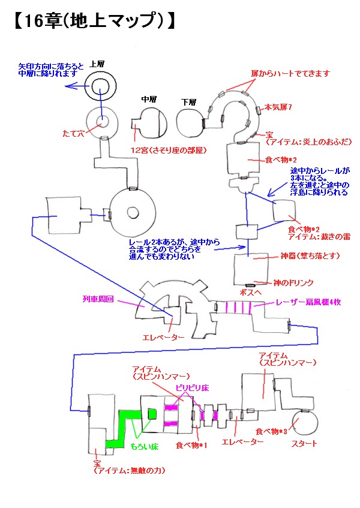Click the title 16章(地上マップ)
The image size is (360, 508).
pos(93,21)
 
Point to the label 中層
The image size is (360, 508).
pos(149,98)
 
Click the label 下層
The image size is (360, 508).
pos(189,102)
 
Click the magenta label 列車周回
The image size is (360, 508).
pos(98,297)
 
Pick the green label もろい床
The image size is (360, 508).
pos(144,447)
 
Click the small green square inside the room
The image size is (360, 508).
pos(152,413)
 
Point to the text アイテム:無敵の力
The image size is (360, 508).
pos(129,471)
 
